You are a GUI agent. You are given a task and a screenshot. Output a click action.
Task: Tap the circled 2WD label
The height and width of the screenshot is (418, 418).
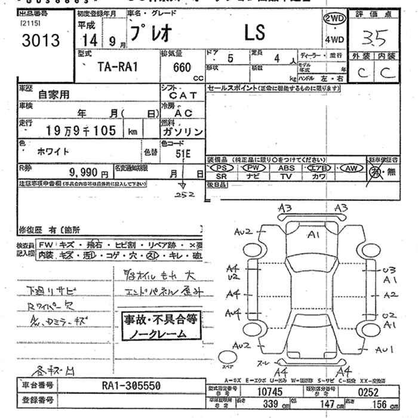[335, 19]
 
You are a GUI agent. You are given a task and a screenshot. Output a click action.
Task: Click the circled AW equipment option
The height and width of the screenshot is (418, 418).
[351, 169]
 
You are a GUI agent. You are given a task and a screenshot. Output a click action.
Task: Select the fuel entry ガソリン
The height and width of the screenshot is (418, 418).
[182, 131]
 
